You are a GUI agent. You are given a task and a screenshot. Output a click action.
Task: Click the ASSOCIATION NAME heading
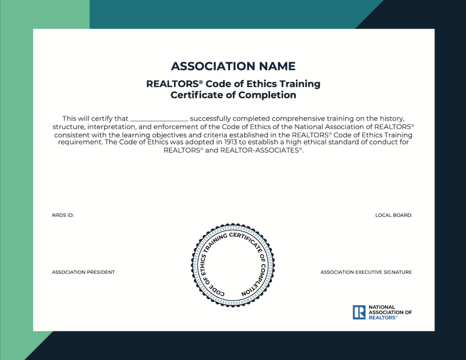(x=233, y=66)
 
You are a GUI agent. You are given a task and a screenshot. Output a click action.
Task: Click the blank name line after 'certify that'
(x=159, y=119)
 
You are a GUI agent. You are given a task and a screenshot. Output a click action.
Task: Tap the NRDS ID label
(x=63, y=215)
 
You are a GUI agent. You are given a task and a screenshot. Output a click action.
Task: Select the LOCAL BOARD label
(x=394, y=215)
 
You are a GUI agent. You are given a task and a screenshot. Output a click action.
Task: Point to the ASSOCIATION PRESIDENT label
(x=83, y=272)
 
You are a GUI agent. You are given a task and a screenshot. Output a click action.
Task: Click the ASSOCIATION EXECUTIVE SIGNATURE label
(x=366, y=272)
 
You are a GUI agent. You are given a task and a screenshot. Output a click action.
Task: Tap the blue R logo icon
(x=359, y=312)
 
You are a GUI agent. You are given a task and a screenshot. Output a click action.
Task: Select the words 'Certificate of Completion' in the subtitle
(x=233, y=95)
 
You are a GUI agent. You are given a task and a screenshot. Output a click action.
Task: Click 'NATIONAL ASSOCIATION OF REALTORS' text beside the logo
(x=390, y=312)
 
